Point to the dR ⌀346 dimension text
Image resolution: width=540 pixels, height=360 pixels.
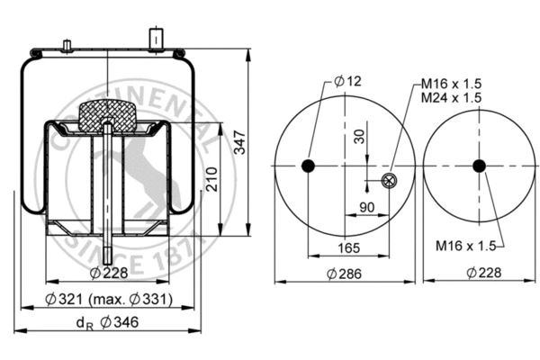pyautogui.click(x=105, y=322)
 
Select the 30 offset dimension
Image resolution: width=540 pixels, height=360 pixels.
pyautogui.click(x=360, y=137)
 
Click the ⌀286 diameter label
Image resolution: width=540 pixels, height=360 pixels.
pyautogui.click(x=345, y=272)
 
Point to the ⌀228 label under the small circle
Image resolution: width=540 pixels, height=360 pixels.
pyautogui.click(x=478, y=272)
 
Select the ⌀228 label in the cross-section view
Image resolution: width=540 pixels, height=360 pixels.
pyautogui.click(x=109, y=273)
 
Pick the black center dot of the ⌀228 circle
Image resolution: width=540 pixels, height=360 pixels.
pyautogui.click(x=479, y=166)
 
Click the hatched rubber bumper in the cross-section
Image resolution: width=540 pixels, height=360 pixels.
pyautogui.click(x=107, y=116)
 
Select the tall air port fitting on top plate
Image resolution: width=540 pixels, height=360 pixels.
pyautogui.click(x=154, y=39)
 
